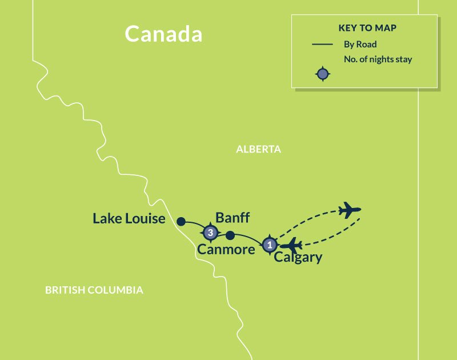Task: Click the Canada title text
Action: click(163, 34)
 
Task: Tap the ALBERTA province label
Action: click(259, 149)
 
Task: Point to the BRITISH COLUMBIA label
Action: click(94, 290)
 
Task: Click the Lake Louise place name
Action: click(129, 219)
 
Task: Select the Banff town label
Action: click(232, 218)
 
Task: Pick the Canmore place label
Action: click(226, 250)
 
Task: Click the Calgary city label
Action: click(298, 258)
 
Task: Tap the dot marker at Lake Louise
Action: click(181, 221)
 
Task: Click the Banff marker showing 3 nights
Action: click(210, 233)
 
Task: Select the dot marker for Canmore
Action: click(230, 235)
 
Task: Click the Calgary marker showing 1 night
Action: click(269, 245)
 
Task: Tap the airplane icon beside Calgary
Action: click(291, 246)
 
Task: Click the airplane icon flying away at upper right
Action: click(350, 211)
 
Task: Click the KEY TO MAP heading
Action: click(364, 28)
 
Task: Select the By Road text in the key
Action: click(360, 44)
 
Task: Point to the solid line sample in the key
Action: click(323, 44)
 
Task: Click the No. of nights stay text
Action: click(378, 59)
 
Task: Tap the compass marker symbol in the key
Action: click(323, 74)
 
